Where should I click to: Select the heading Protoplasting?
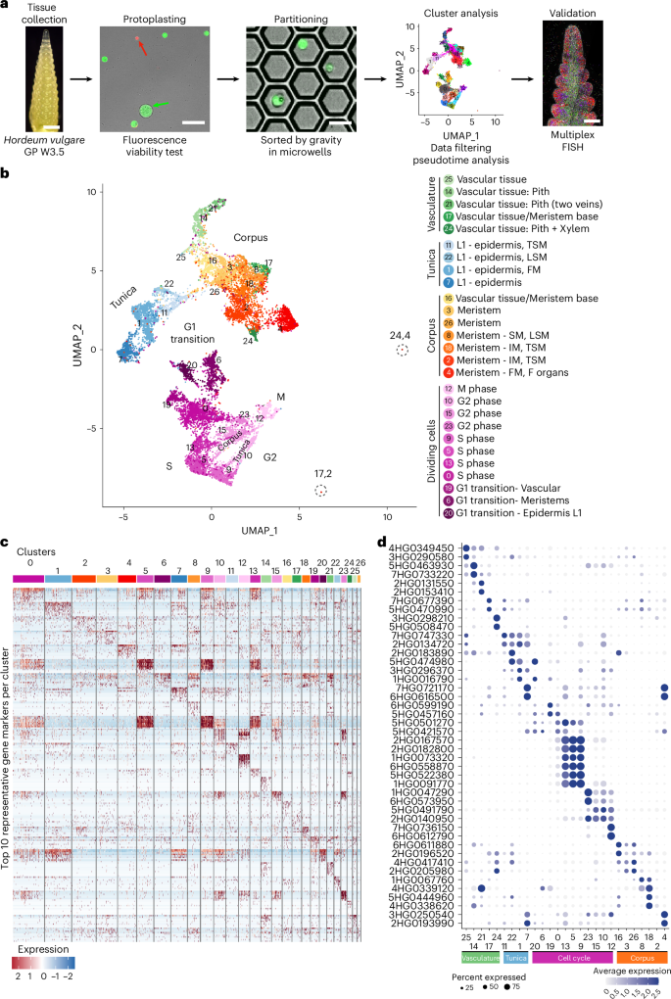click(x=143, y=19)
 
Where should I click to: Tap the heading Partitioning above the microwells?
click(x=294, y=19)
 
